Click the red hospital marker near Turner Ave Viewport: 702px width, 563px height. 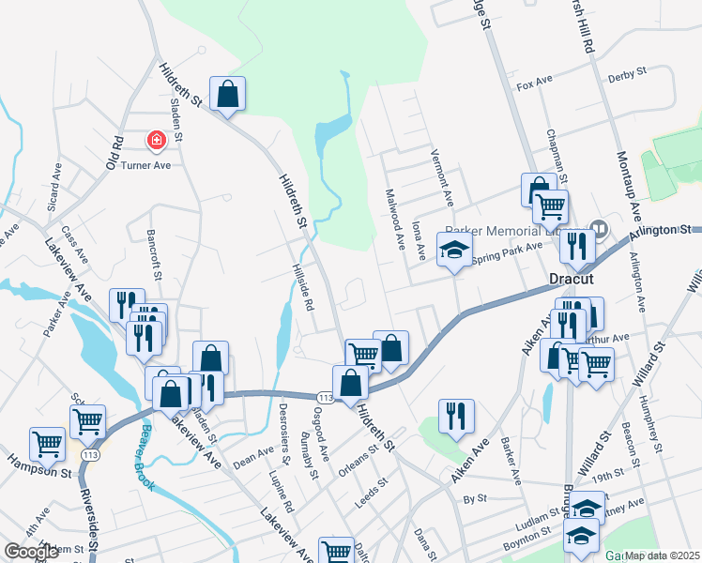point(156,141)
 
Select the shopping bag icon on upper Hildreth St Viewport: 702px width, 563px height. point(227,94)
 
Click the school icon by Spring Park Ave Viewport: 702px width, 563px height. point(454,251)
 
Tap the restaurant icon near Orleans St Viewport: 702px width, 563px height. point(456,416)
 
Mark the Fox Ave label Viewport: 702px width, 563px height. point(533,85)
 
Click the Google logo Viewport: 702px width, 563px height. point(31,552)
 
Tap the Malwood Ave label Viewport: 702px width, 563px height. point(395,219)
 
